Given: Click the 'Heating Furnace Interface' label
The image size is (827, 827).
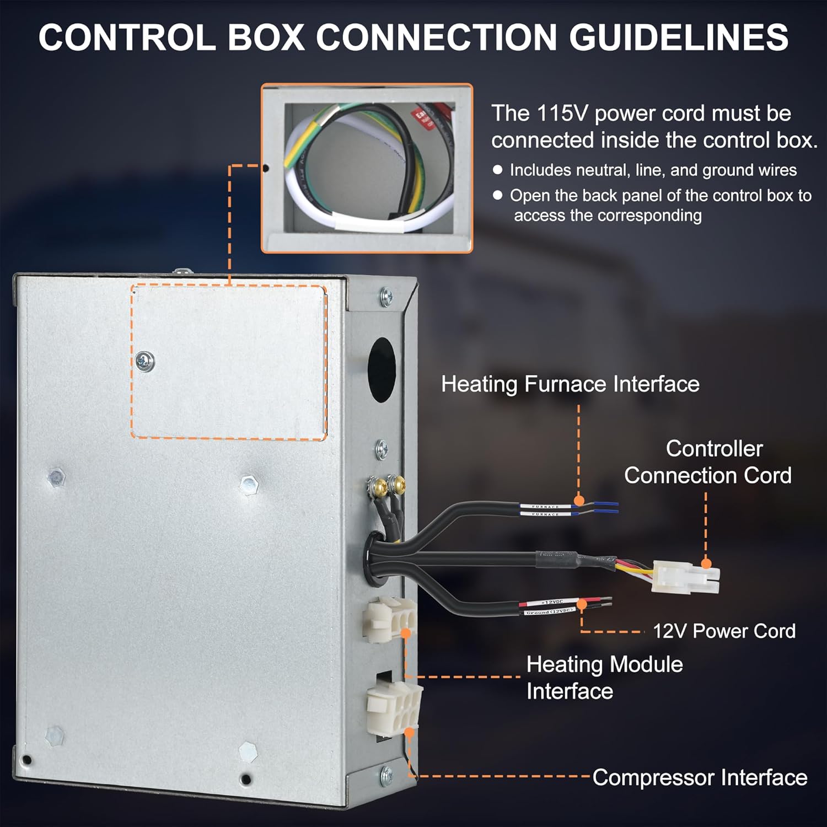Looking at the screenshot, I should point(570,384).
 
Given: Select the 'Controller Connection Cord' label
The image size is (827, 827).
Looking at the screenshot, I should point(708,462).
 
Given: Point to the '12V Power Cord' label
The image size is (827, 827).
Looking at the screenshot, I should point(724,631).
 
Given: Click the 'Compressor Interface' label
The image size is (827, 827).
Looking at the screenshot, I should point(700,778).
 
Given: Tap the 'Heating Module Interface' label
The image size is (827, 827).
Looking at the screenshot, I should point(604,678).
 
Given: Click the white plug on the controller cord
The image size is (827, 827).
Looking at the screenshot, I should point(685,577).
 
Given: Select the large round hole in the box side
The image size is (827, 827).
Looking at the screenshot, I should point(382,369).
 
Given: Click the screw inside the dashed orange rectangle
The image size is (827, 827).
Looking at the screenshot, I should point(144,362).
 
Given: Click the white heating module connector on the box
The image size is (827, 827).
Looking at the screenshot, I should point(389,619).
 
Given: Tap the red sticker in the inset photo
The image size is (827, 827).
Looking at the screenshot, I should point(426,117).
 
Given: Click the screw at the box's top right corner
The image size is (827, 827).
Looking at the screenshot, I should point(386,298).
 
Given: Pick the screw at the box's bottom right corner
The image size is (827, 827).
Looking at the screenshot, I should point(386,775).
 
